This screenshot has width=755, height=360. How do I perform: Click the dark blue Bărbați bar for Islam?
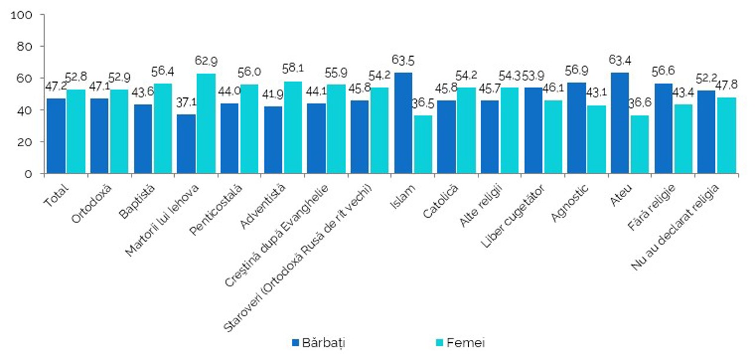pyautogui.click(x=403, y=123)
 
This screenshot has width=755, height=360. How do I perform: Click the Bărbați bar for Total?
pyautogui.click(x=56, y=136)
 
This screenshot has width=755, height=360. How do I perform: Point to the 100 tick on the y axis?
pyautogui.click(x=24, y=14)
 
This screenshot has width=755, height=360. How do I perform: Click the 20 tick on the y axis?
pyautogui.click(x=28, y=142)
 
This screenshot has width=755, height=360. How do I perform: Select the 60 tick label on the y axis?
pyautogui.click(x=28, y=78)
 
